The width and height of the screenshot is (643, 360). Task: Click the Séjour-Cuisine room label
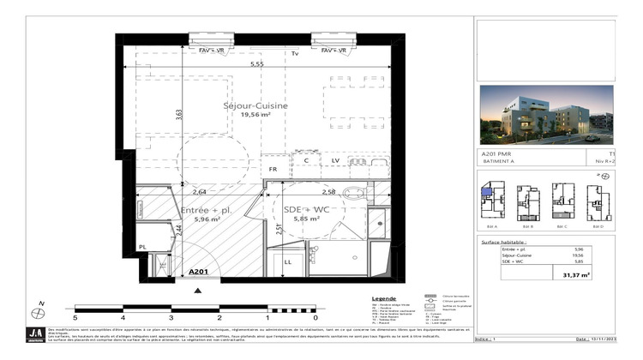pyautogui.click(x=255, y=105)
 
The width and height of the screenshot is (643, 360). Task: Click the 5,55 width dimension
pyautogui.click(x=256, y=64)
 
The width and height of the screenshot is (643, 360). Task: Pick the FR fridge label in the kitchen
pyautogui.click(x=273, y=169)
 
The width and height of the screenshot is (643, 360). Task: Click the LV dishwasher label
pyautogui.click(x=336, y=160)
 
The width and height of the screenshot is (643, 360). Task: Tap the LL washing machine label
pyautogui.click(x=288, y=262)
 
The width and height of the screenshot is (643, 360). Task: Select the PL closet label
pyautogui.click(x=143, y=247)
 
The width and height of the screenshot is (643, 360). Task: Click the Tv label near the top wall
pyautogui.click(x=294, y=54)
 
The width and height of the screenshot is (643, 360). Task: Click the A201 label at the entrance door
pyautogui.click(x=199, y=272)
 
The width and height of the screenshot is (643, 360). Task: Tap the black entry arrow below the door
pyautogui.click(x=200, y=291)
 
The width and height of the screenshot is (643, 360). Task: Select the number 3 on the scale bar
pyautogui.click(x=171, y=316)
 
